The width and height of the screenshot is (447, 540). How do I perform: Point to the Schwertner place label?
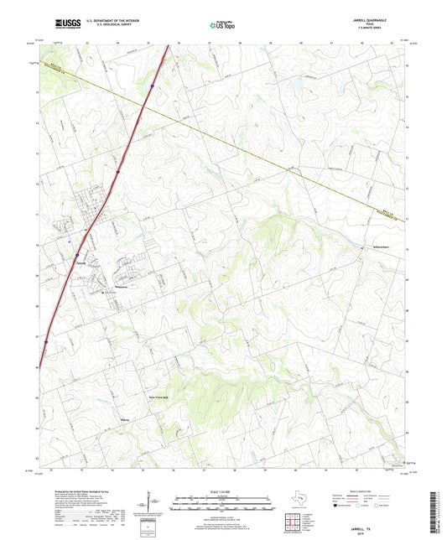(358, 247)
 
